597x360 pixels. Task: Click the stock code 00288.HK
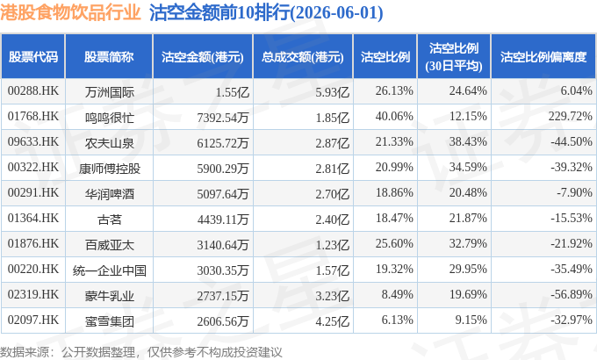pyautogui.click(x=33, y=91)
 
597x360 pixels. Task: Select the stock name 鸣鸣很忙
pyautogui.click(x=109, y=118)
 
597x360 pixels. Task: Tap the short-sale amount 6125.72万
pyautogui.click(x=223, y=143)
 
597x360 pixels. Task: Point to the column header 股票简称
pyautogui.click(x=109, y=57)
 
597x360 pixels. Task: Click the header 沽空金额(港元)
pyautogui.click(x=203, y=57)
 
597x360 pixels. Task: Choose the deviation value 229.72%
pyautogui.click(x=570, y=116)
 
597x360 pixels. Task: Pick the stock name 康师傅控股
pyautogui.click(x=109, y=169)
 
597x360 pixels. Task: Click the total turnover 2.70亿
pyautogui.click(x=333, y=194)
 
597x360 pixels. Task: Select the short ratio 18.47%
pyautogui.click(x=394, y=219)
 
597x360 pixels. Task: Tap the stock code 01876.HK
pyautogui.click(x=33, y=244)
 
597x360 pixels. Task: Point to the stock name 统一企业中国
pyautogui.click(x=109, y=270)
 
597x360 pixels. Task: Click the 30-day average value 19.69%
pyautogui.click(x=468, y=294)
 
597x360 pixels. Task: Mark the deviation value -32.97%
pyautogui.click(x=572, y=320)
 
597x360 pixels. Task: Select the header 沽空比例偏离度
pyautogui.click(x=543, y=57)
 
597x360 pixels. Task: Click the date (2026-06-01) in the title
pyautogui.click(x=336, y=13)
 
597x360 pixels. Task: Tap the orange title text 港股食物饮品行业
pyautogui.click(x=70, y=12)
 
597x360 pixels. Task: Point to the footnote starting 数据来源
pyautogui.click(x=141, y=352)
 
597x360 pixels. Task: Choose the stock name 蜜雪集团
pyautogui.click(x=109, y=321)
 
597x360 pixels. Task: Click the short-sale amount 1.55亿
pyautogui.click(x=233, y=92)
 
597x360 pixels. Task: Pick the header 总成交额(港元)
pyautogui.click(x=303, y=57)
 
